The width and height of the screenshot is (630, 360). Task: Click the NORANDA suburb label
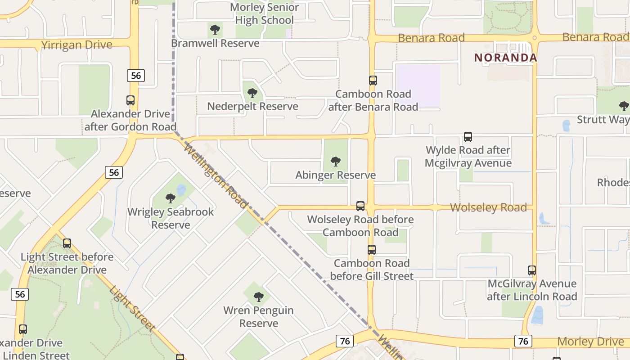pyautogui.click(x=506, y=58)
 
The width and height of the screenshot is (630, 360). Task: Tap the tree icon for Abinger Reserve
pyautogui.click(x=335, y=161)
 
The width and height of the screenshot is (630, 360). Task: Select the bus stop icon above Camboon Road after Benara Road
pyautogui.click(x=373, y=81)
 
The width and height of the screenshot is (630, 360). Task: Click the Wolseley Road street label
pyautogui.click(x=488, y=207)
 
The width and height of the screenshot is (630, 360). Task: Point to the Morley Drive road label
pyautogui.click(x=590, y=342)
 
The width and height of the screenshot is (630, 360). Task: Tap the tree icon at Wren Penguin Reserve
pyautogui.click(x=258, y=297)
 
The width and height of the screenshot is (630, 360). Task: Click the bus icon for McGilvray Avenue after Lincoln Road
pyautogui.click(x=532, y=270)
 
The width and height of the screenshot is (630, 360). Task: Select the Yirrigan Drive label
pyautogui.click(x=76, y=45)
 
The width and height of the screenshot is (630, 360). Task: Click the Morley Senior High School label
pyautogui.click(x=265, y=13)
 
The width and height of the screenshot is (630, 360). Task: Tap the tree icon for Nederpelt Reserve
pyautogui.click(x=252, y=93)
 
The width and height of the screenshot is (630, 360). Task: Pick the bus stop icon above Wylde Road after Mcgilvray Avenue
pyautogui.click(x=468, y=136)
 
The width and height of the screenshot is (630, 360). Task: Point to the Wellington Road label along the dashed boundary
pyautogui.click(x=216, y=176)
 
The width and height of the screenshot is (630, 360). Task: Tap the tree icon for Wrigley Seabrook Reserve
pyautogui.click(x=170, y=198)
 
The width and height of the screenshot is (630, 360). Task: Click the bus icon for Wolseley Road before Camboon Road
pyautogui.click(x=360, y=206)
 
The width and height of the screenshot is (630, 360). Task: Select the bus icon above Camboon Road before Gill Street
pyautogui.click(x=371, y=250)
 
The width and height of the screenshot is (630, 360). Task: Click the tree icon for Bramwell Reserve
pyautogui.click(x=215, y=30)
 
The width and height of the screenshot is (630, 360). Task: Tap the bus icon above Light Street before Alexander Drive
pyautogui.click(x=67, y=243)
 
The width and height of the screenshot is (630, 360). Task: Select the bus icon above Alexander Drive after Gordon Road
pyautogui.click(x=130, y=100)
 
